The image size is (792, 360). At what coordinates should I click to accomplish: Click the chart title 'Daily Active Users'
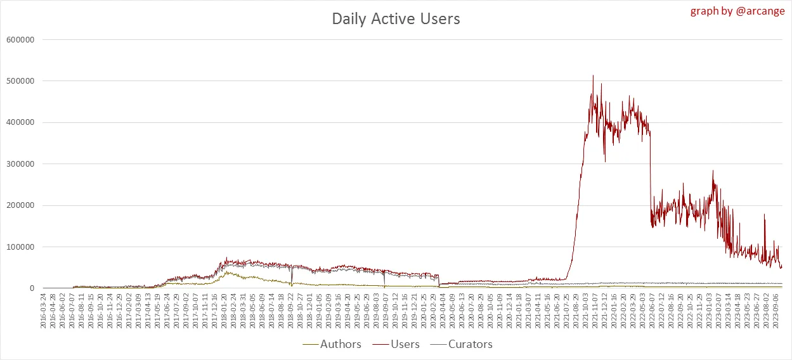[396, 19]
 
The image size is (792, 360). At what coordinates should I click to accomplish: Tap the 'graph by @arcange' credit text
[739, 11]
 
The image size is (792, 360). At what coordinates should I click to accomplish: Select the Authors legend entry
[333, 344]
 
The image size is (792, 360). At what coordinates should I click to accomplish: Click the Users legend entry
[397, 344]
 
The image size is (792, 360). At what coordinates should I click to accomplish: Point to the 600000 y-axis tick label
[19, 39]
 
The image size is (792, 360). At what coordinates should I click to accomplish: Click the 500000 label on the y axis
[19, 81]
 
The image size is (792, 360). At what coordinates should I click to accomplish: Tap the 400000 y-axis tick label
[19, 122]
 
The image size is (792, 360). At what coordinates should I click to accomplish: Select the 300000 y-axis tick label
[19, 164]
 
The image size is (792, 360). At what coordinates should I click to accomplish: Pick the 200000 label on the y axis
[19, 205]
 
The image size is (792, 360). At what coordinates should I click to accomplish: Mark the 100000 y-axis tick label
[19, 247]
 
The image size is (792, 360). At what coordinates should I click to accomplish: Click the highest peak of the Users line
[593, 76]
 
